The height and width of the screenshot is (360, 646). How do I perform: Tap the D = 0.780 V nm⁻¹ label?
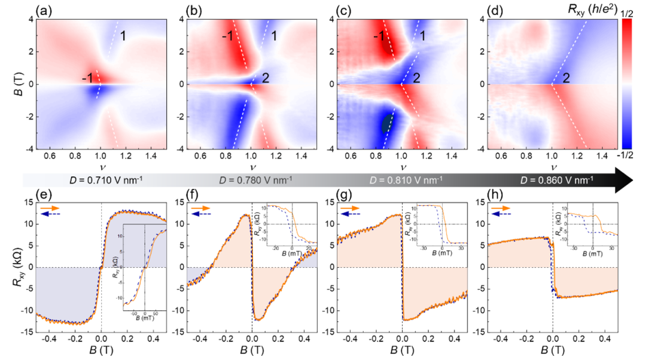point(252,179)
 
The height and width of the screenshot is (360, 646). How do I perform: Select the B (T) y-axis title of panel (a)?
point(10,84)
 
